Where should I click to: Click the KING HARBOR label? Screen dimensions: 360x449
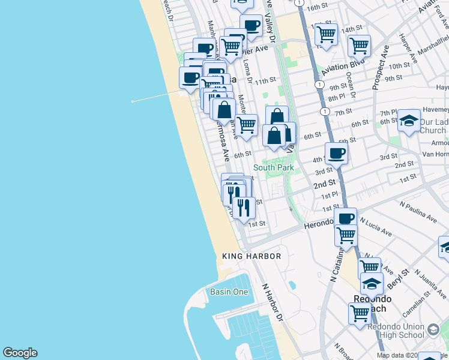pos(252,256)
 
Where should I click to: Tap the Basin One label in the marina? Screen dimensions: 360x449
pos(229,292)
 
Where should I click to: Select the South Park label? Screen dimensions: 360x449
pos(274,167)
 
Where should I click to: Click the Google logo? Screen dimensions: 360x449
pos(20,353)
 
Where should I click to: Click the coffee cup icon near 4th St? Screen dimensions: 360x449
pos(337,154)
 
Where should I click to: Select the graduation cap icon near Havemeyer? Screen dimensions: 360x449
pos(409,121)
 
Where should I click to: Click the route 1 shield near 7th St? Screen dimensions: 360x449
pos(325,112)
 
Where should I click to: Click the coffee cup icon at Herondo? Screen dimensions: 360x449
pos(346,218)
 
